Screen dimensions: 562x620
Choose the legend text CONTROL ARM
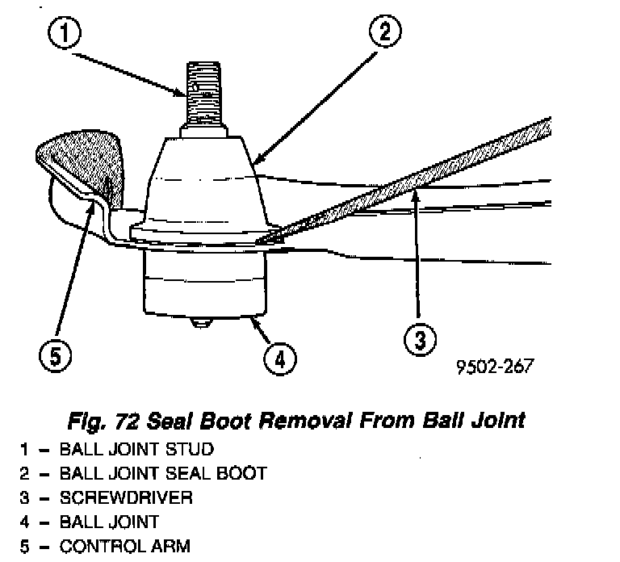pos(124,547)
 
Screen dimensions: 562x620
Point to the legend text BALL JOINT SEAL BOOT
pos(162,472)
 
